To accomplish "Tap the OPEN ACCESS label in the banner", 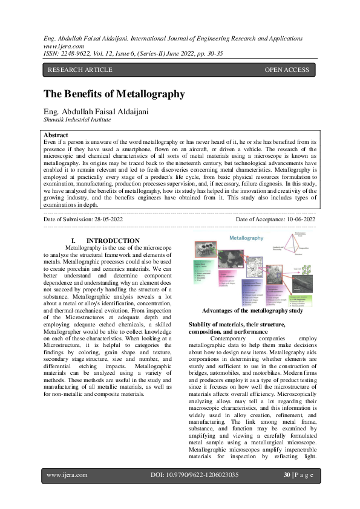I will click(x=287, y=70).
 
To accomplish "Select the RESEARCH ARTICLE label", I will click(x=80, y=70).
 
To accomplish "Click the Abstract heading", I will click(x=56, y=135).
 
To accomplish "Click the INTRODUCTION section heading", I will click(x=113, y=241).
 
